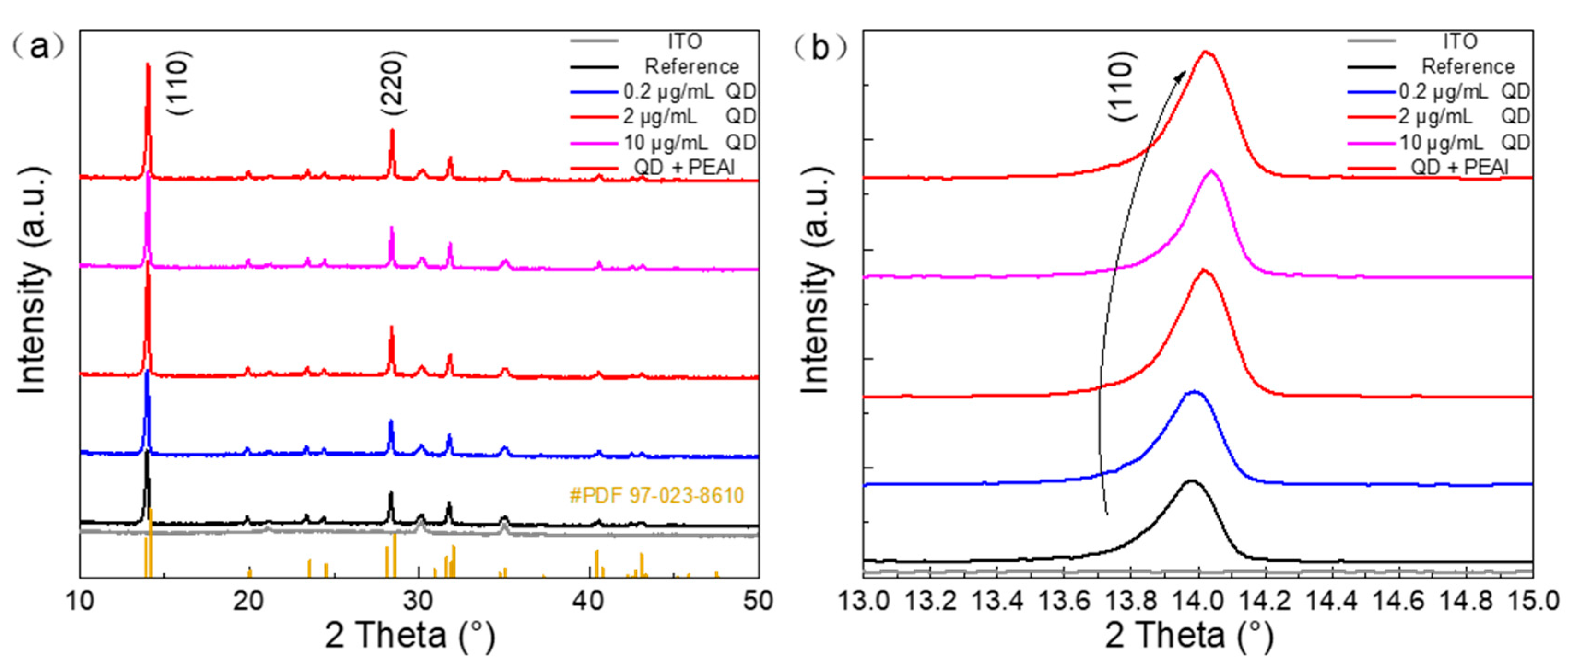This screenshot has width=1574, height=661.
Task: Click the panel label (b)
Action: tap(820, 47)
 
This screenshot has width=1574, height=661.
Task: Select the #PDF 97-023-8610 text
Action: tap(656, 495)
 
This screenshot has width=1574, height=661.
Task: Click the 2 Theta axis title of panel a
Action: tap(409, 635)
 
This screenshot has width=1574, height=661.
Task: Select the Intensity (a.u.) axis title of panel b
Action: tap(815, 281)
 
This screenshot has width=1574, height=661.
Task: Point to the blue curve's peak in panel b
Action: tap(1193, 392)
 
